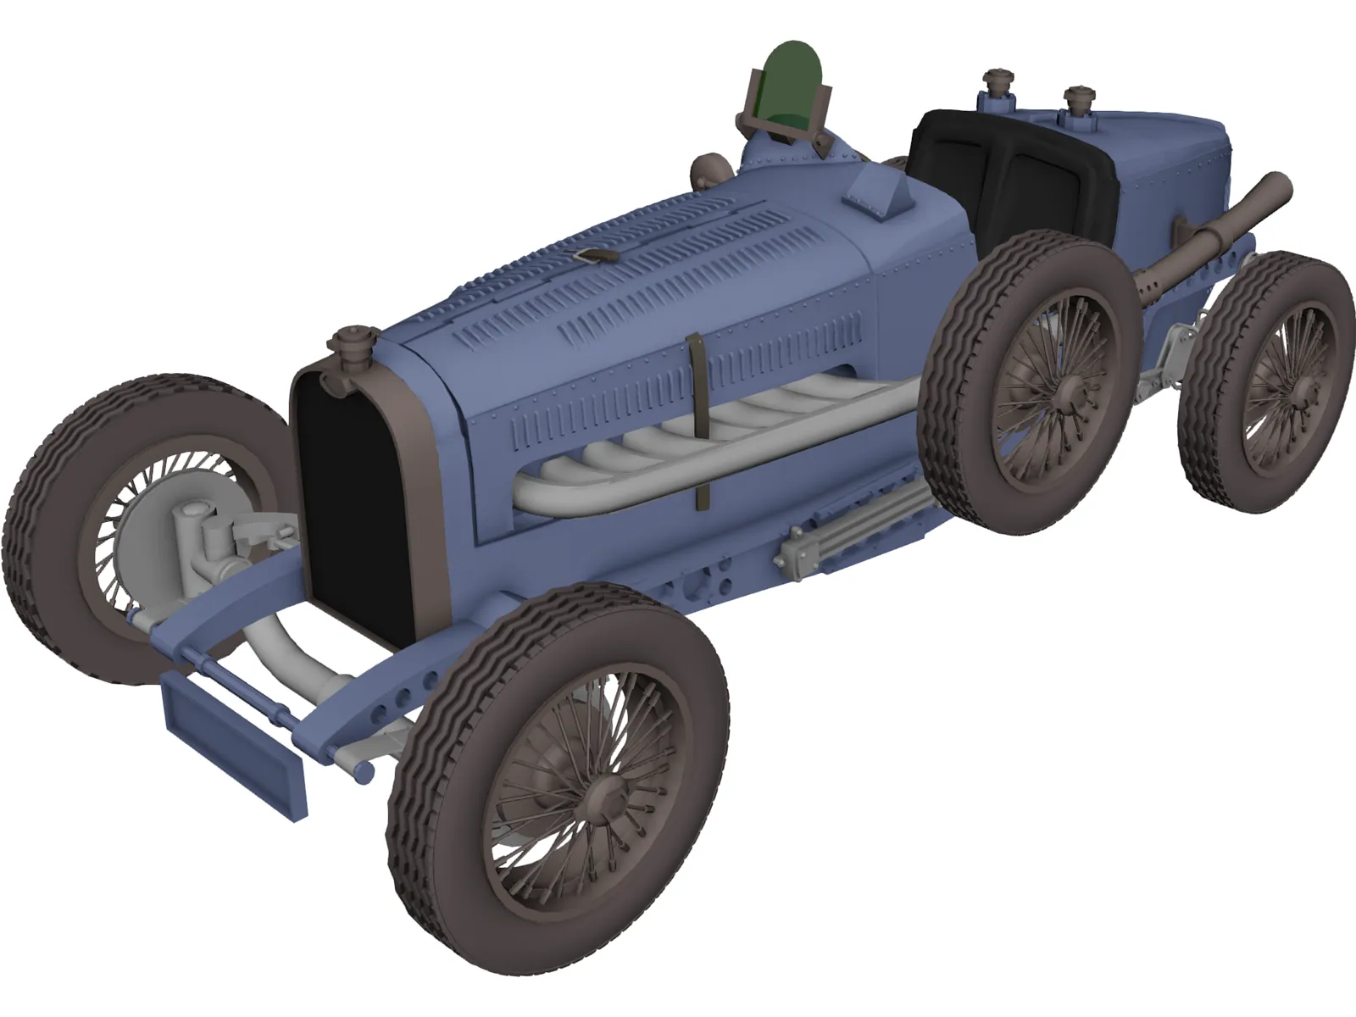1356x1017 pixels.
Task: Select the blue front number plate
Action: pos(233,742)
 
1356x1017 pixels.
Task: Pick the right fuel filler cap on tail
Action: pos(1078,99)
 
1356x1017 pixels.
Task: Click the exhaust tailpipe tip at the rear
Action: pos(1275,188)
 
